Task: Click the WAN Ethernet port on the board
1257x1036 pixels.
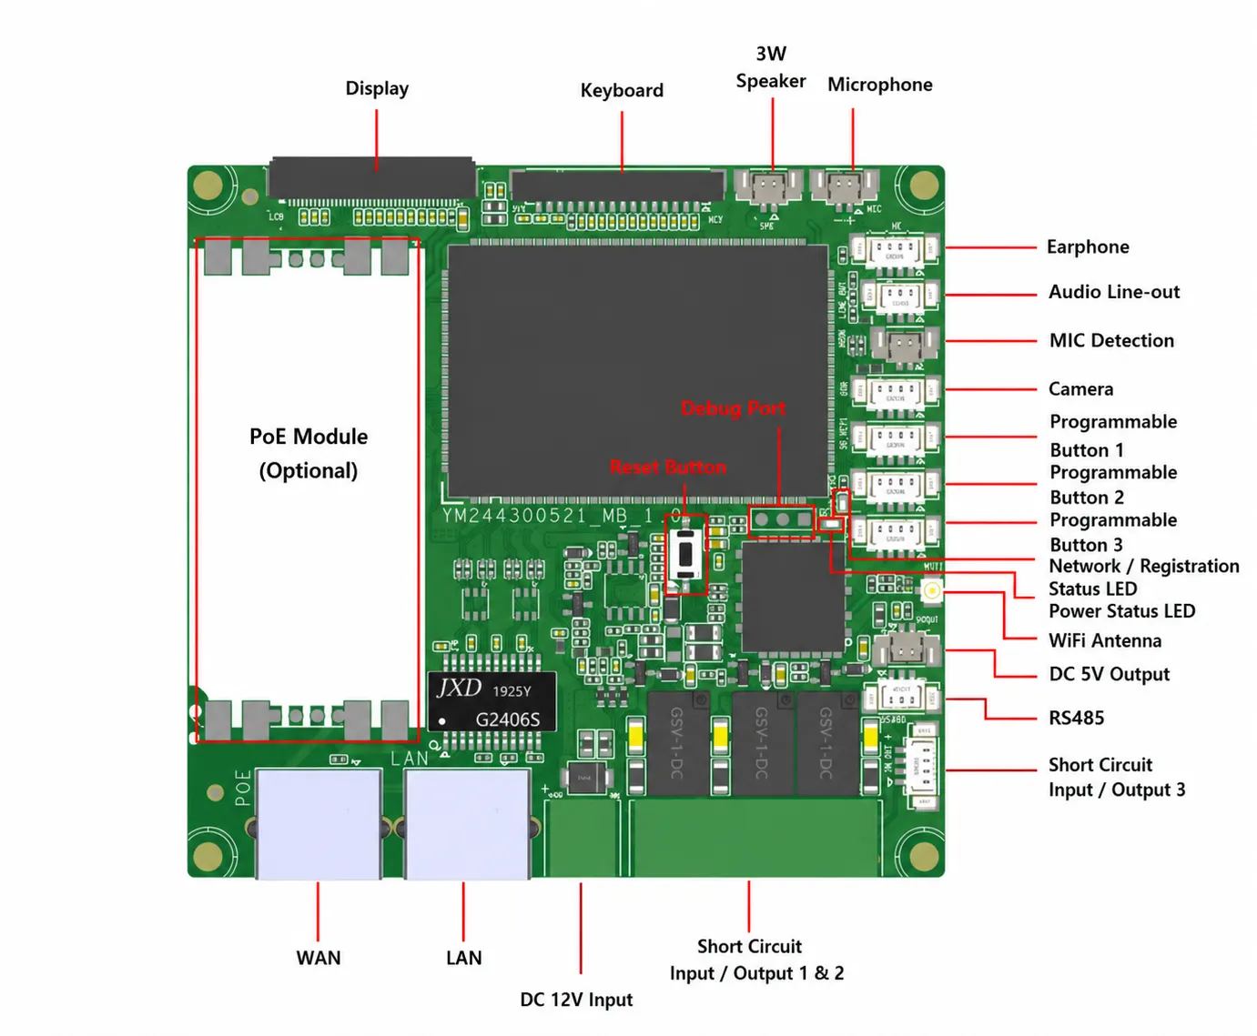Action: click(319, 823)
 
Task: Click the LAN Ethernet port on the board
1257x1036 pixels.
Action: click(467, 823)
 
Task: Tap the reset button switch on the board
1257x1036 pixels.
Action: click(685, 554)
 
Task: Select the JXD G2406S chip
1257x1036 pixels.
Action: click(492, 701)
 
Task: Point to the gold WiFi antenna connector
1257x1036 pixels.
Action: click(931, 590)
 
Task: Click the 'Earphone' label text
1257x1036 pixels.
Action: click(1087, 246)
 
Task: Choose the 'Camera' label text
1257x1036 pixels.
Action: click(1080, 388)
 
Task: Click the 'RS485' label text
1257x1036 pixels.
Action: click(1076, 718)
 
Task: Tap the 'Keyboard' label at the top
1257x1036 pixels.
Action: click(622, 90)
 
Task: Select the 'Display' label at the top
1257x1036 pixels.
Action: click(377, 88)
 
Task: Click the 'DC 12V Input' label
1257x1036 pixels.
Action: click(576, 999)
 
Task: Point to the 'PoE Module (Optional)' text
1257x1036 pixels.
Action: click(309, 453)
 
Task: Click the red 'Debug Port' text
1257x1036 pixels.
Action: click(733, 408)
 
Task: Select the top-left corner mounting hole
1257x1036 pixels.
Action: click(208, 186)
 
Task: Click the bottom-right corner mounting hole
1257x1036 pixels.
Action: click(923, 856)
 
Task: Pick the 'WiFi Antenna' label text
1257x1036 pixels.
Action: click(1104, 640)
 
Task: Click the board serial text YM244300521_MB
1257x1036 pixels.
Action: click(547, 516)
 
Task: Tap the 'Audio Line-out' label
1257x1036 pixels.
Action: click(1113, 292)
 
